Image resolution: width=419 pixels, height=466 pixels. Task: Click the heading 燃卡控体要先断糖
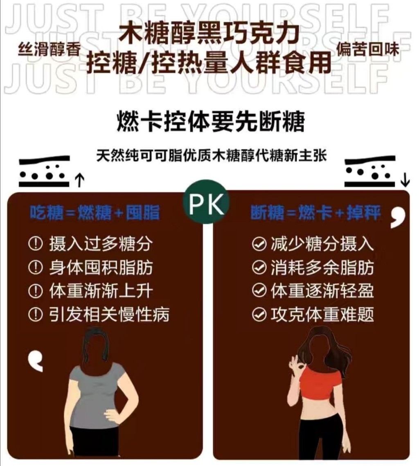[211, 121]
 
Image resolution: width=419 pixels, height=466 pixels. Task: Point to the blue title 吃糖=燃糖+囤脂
[95, 212]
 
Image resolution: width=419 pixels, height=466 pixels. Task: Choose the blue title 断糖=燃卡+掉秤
[315, 212]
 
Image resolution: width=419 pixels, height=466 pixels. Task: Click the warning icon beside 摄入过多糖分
[35, 244]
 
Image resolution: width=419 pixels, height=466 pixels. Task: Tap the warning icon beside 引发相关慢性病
[35, 314]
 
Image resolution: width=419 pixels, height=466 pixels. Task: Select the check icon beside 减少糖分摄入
[259, 244]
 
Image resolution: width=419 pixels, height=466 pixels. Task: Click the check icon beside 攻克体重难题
[259, 314]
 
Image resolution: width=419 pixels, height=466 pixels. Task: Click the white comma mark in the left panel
[36, 361]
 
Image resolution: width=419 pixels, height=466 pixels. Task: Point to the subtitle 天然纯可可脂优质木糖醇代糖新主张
[211, 155]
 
